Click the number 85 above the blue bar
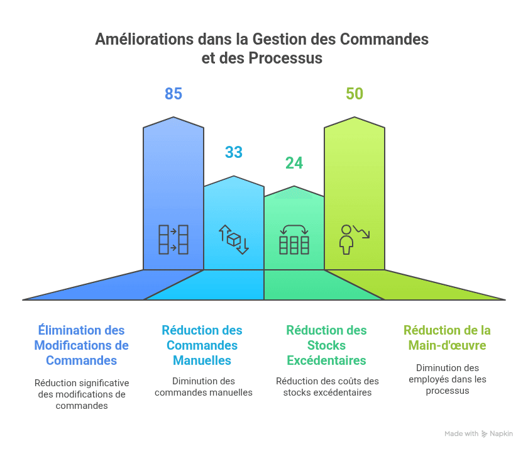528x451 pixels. (x=173, y=94)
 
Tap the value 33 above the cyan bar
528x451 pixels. (x=234, y=153)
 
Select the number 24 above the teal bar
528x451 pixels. (x=294, y=164)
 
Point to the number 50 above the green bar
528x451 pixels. (x=355, y=94)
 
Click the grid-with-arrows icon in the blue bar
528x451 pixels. (x=173, y=240)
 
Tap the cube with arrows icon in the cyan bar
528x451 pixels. (x=234, y=240)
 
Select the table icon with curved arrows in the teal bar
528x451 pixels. (x=294, y=240)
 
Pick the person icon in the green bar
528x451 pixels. (x=354, y=240)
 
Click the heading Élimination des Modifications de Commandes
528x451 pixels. (x=81, y=345)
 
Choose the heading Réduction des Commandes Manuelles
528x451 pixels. (x=202, y=345)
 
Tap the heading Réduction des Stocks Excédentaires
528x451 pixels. (x=326, y=345)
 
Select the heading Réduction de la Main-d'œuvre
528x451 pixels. (x=447, y=338)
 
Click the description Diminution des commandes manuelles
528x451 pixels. (x=203, y=387)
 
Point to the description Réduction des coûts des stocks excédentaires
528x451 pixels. (x=327, y=387)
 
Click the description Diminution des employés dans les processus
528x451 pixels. (x=447, y=379)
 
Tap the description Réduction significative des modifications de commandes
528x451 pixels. (x=82, y=394)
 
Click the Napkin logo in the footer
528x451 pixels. (x=485, y=434)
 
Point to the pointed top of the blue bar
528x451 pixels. (x=173, y=118)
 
